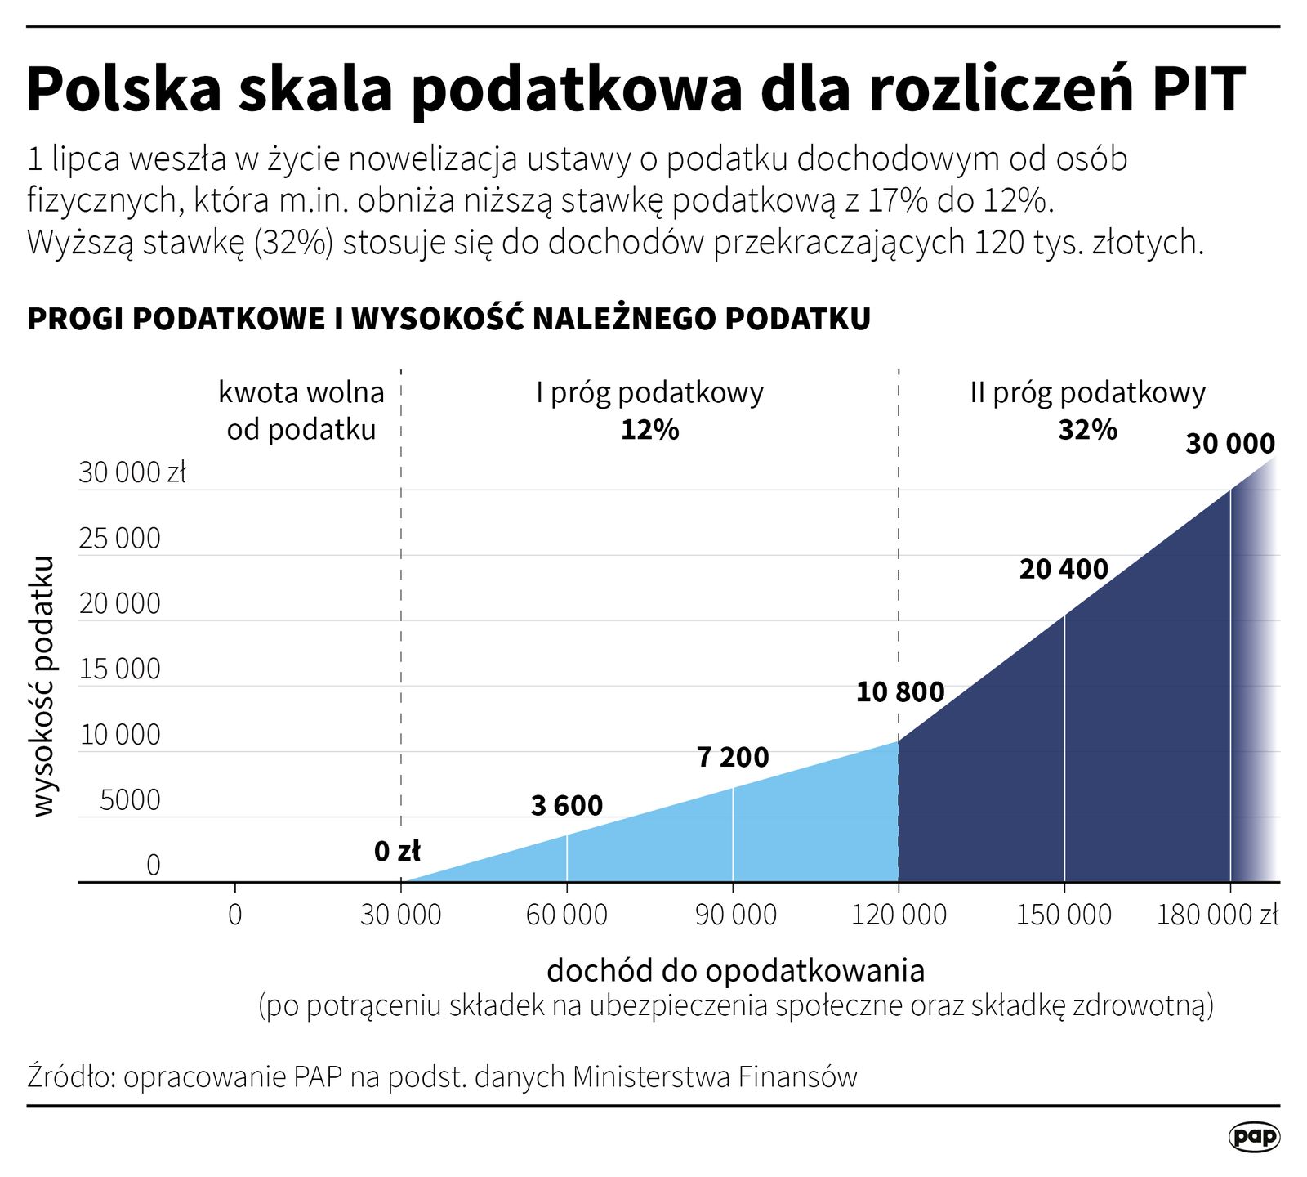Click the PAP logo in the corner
click(1254, 1137)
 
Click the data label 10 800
click(899, 692)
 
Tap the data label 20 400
click(1064, 569)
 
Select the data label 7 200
click(733, 758)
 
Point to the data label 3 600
click(566, 806)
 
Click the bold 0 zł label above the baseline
click(397, 852)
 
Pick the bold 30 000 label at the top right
click(1230, 444)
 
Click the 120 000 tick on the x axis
click(899, 914)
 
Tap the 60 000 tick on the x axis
click(566, 914)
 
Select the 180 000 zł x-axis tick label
click(1217, 914)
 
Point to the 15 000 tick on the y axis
click(120, 669)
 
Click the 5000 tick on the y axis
click(130, 800)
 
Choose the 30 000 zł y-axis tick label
click(132, 472)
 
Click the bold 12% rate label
click(649, 430)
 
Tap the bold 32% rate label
click(1087, 430)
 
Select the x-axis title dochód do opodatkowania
click(735, 970)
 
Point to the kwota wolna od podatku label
click(301, 411)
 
